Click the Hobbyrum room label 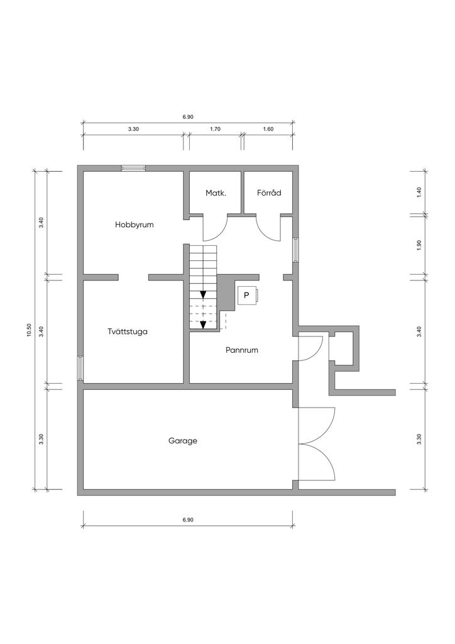click(x=134, y=225)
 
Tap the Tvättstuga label click(x=128, y=332)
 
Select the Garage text click(x=183, y=441)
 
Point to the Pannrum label click(x=242, y=350)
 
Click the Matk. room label click(x=216, y=192)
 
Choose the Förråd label click(x=269, y=192)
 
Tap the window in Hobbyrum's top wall click(x=133, y=167)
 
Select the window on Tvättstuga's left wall click(x=80, y=368)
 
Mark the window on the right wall click(x=295, y=249)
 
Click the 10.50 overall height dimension click(x=29, y=330)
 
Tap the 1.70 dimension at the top click(x=216, y=129)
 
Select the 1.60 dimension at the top click(x=268, y=129)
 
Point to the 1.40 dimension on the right click(x=419, y=192)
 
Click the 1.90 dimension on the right click(x=419, y=245)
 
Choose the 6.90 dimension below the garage click(x=188, y=519)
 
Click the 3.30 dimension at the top click(x=133, y=129)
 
